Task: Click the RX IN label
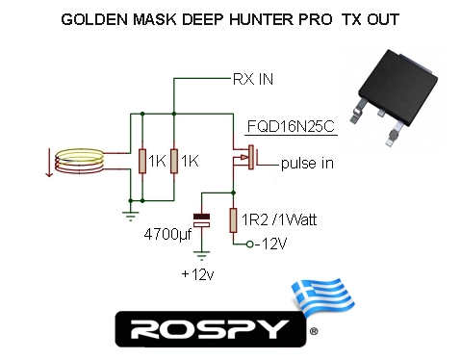253,79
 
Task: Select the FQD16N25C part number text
291,126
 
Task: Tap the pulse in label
307,164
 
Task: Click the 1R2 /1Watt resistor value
279,220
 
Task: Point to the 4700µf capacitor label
167,235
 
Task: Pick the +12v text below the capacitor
197,274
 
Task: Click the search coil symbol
79,161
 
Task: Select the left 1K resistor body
142,161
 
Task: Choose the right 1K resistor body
174,161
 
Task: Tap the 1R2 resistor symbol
233,220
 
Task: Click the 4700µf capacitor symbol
201,220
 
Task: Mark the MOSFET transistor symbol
246,157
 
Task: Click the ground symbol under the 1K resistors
130,217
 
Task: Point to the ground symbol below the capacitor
201,256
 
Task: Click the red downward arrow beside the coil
49,163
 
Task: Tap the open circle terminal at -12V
250,244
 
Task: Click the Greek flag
322,296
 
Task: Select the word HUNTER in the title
262,19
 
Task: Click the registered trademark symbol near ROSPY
314,331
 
